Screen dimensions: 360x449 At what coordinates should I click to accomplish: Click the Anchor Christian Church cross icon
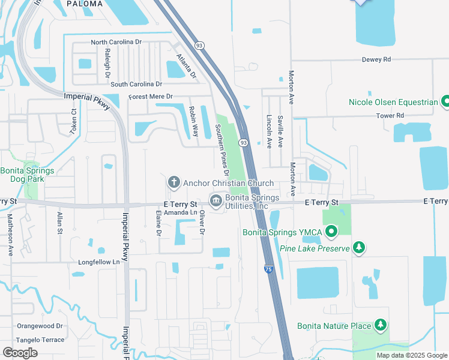[x=174, y=182]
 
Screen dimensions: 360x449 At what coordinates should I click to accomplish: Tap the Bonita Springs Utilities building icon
[x=215, y=199]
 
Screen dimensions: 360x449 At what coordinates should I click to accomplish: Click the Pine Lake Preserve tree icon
[x=359, y=247]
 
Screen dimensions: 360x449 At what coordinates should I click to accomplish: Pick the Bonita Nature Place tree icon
[x=379, y=325]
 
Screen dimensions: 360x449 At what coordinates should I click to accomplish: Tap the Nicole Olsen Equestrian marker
[x=445, y=101]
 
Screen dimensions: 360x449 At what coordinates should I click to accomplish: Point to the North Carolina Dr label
[x=116, y=42]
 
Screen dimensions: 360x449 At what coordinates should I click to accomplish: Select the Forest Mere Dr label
[x=150, y=97]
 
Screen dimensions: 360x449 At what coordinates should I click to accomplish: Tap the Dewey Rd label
[x=376, y=59]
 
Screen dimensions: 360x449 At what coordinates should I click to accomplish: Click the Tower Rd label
[x=390, y=115]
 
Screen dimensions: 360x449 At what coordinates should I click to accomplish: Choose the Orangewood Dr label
[x=40, y=326]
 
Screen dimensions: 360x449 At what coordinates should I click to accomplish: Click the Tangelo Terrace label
[x=40, y=340]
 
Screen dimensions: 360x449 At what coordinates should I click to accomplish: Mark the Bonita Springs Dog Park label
[x=28, y=175]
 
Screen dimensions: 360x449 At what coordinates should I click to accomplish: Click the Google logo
[x=20, y=352]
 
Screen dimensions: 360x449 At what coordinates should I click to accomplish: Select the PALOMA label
[x=84, y=4]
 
